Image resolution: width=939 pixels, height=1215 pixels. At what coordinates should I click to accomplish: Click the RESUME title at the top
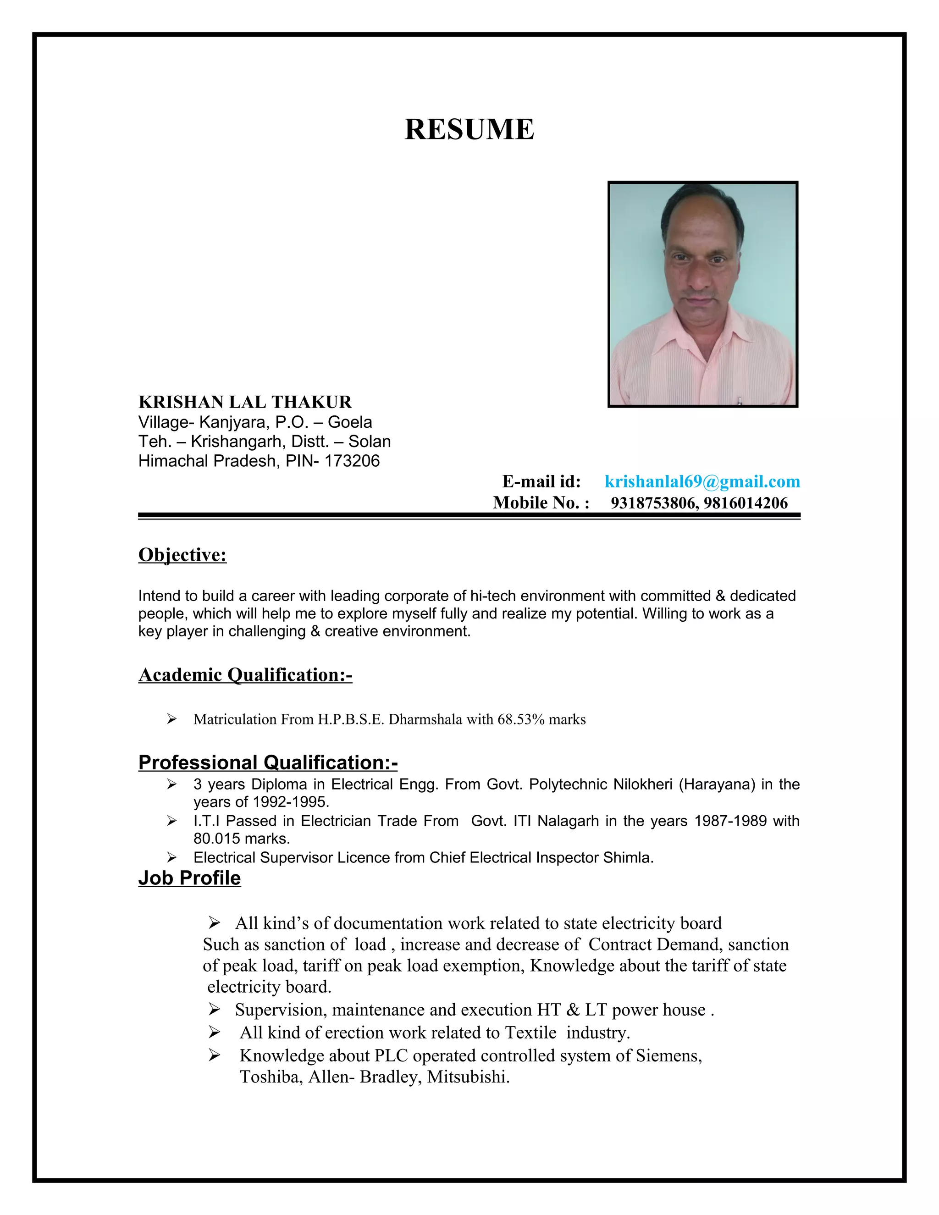point(469,130)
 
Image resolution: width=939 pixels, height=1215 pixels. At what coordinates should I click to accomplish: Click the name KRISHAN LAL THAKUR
point(245,402)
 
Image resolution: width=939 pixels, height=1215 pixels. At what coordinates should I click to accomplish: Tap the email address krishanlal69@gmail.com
point(702,481)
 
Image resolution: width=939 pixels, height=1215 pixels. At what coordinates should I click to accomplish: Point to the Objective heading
point(182,555)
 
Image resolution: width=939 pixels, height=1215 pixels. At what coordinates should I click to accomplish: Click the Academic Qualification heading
point(245,674)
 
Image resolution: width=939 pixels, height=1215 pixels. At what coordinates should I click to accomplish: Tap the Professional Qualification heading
point(268,762)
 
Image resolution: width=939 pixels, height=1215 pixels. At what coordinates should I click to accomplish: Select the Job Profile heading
point(189,878)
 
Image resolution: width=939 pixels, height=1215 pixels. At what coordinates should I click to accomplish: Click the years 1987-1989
point(730,821)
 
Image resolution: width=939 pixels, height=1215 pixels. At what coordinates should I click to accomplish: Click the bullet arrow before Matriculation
point(171,719)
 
